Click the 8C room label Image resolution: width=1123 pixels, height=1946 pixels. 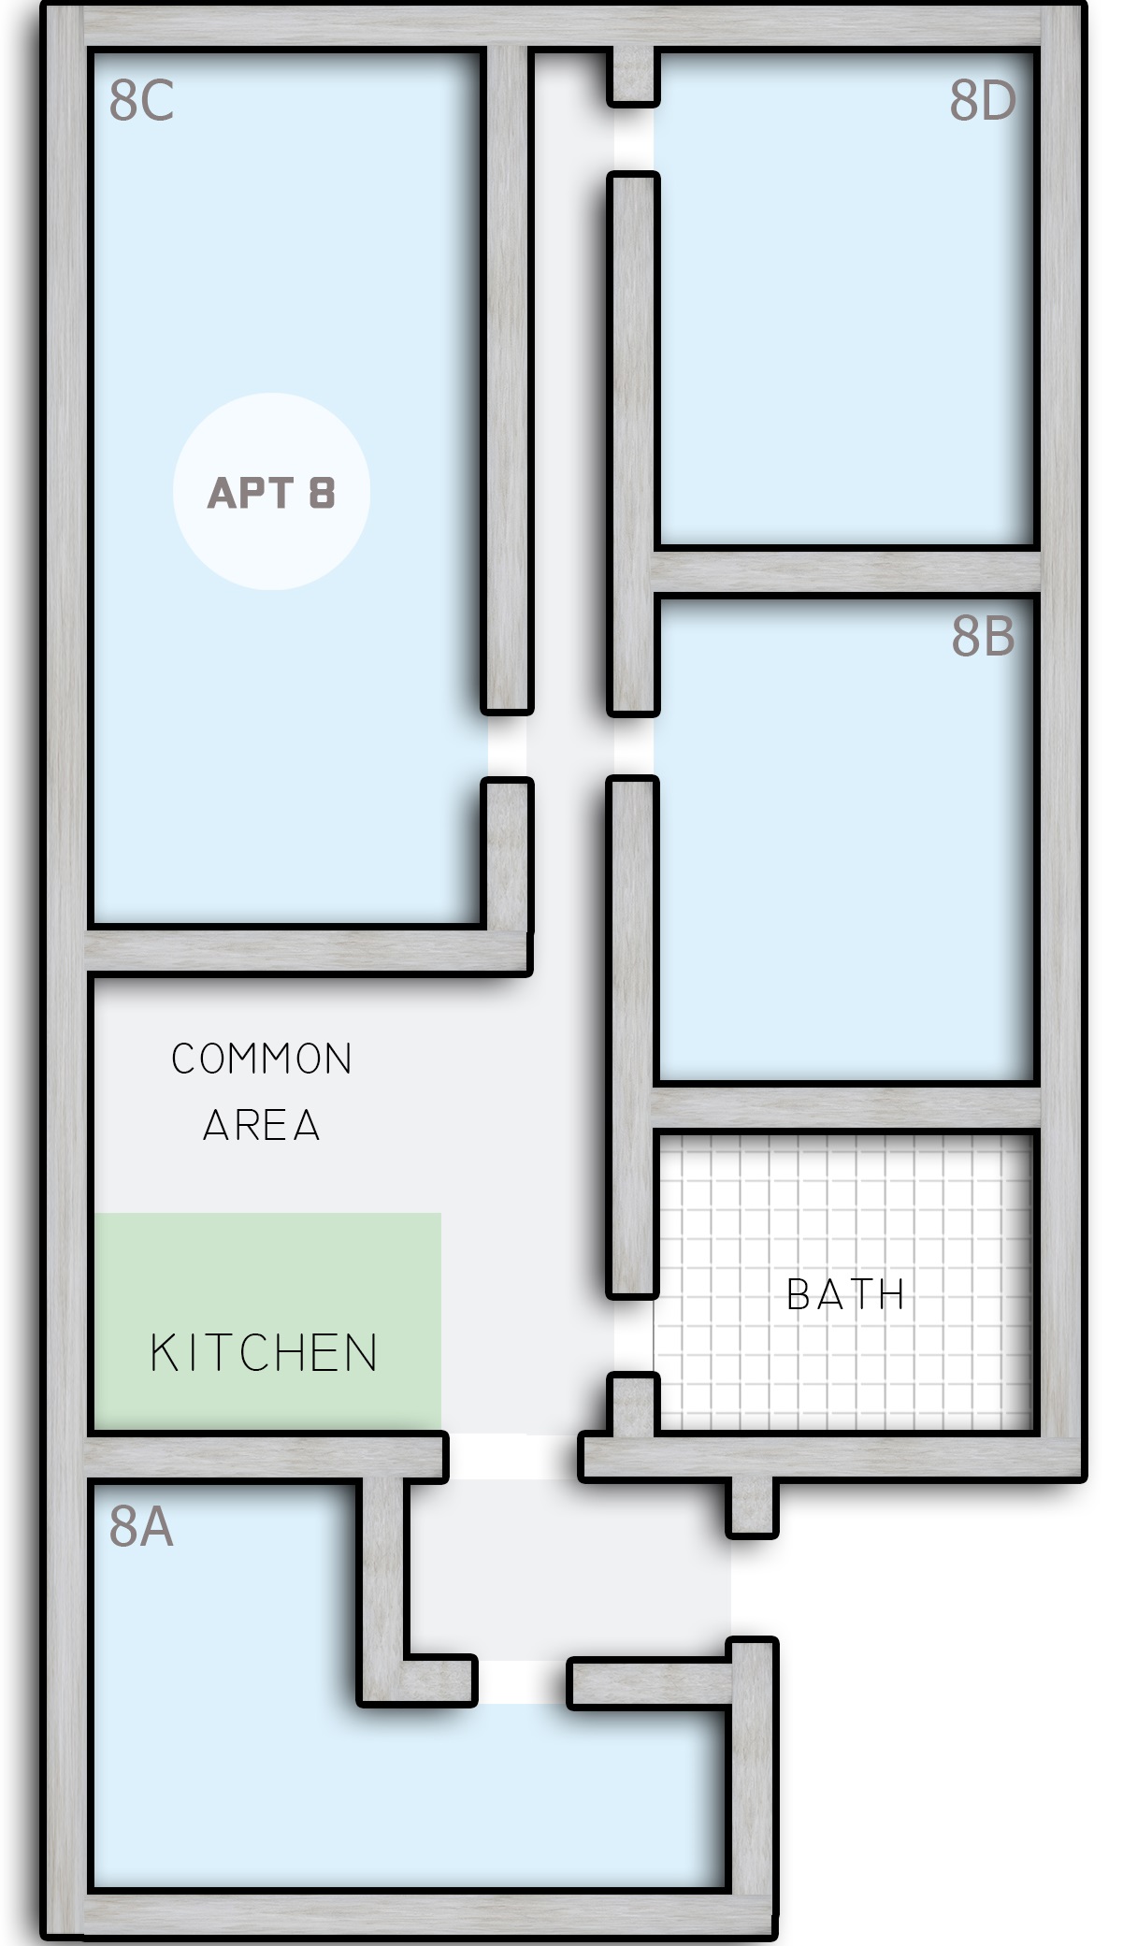click(141, 101)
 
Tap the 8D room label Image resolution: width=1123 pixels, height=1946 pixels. click(983, 101)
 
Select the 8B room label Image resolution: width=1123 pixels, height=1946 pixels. click(983, 637)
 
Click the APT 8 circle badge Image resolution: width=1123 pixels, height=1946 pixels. click(271, 492)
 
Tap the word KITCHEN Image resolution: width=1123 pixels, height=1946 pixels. click(265, 1353)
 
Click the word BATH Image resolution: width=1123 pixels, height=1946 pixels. click(846, 1295)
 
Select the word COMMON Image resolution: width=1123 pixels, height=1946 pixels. click(262, 1059)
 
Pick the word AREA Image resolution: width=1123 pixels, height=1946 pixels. click(262, 1125)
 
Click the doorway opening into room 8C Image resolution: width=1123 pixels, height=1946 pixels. click(507, 745)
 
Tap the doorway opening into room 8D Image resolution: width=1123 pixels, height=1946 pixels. click(633, 137)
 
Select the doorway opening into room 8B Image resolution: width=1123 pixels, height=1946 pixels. click(633, 745)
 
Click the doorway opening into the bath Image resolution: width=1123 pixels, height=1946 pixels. click(633, 1335)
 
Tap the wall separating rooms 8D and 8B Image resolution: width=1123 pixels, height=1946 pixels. click(846, 571)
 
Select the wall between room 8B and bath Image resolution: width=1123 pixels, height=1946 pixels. click(846, 1108)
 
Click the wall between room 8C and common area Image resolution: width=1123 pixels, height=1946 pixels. click(309, 952)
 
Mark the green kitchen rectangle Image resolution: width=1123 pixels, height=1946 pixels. click(266, 1321)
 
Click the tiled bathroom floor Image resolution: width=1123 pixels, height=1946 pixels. click(844, 1281)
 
